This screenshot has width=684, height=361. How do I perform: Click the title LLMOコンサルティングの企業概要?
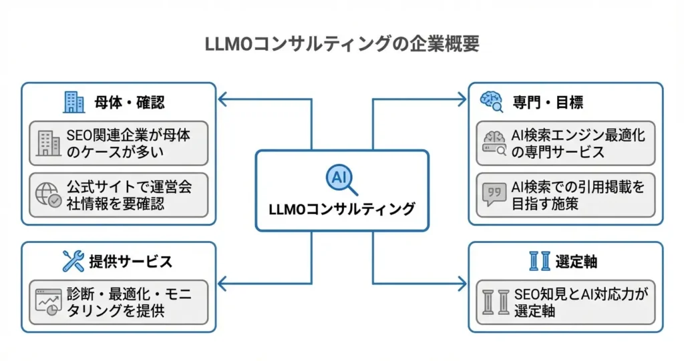(x=341, y=44)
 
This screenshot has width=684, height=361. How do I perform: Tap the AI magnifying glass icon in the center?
(x=341, y=178)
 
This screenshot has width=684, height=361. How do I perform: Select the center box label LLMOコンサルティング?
(x=341, y=208)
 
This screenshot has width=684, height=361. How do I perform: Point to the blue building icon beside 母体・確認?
(x=73, y=102)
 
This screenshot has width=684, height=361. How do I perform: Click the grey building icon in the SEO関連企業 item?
(x=48, y=143)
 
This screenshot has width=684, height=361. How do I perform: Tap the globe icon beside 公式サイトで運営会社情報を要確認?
(x=48, y=195)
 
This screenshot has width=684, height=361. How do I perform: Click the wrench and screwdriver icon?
(x=73, y=261)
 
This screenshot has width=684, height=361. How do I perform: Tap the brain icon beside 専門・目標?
(x=493, y=101)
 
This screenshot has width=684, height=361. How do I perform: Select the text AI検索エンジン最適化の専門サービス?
(x=578, y=143)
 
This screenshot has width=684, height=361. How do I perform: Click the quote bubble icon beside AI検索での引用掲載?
(x=493, y=194)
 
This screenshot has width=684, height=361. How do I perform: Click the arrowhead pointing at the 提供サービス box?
(x=222, y=284)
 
